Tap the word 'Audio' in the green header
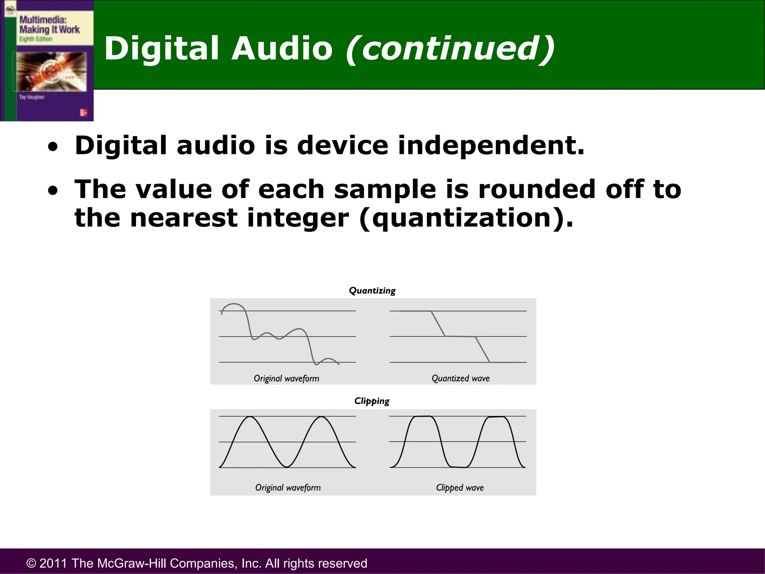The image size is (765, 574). pyautogui.click(x=282, y=49)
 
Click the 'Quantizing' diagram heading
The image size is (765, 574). pyautogui.click(x=372, y=291)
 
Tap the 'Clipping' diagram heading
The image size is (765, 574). pyautogui.click(x=372, y=401)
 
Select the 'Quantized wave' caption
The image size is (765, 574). pyautogui.click(x=461, y=378)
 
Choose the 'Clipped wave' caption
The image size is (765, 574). pyautogui.click(x=460, y=487)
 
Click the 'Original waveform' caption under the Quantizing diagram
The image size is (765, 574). pyautogui.click(x=287, y=378)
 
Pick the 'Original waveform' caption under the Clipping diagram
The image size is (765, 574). pyautogui.click(x=288, y=487)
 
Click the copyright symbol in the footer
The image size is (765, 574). pyautogui.click(x=31, y=563)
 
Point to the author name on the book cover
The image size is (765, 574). pyautogui.click(x=32, y=97)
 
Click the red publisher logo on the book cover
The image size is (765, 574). pyautogui.click(x=83, y=112)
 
